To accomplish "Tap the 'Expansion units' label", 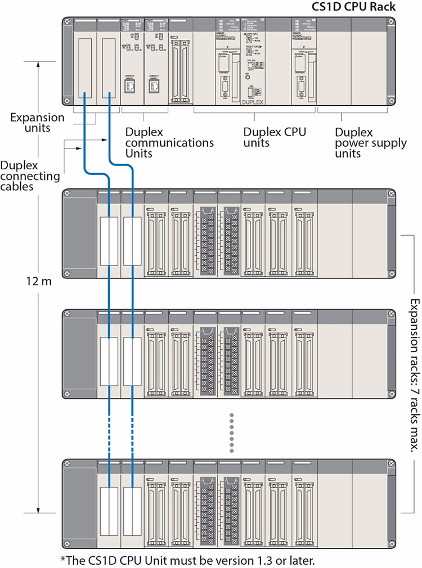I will coord(37,123).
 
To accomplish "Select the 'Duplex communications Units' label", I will coord(169,143).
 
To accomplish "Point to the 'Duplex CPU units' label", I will coord(274,137).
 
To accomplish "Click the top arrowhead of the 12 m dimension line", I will coord(38,64).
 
